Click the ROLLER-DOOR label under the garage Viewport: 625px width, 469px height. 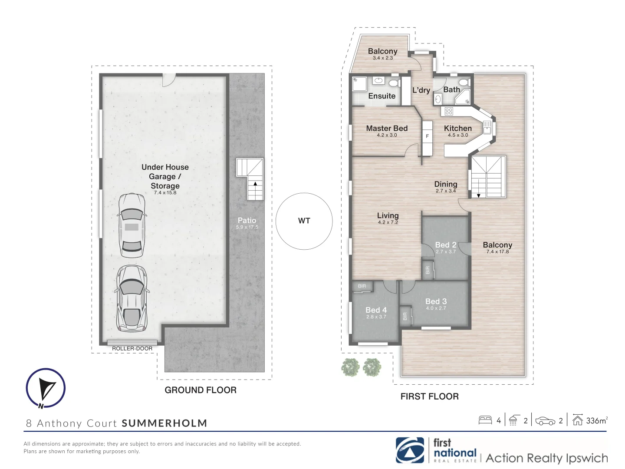pos(132,349)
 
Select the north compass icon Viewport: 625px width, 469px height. pos(46,388)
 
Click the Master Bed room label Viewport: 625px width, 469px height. pos(387,129)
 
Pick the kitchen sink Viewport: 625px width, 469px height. pos(487,127)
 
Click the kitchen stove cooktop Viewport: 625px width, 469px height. pos(449,111)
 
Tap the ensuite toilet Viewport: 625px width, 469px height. pos(395,83)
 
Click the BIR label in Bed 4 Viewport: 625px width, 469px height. pos(362,286)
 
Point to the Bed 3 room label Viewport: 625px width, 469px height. pos(436,301)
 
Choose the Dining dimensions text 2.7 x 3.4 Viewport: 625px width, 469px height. pos(446,191)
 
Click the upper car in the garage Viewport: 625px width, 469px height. pos(132,225)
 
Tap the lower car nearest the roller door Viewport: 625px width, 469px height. pos(132,298)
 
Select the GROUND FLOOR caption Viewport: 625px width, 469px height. pos(201,390)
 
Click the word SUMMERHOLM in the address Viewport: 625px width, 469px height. pos(164,423)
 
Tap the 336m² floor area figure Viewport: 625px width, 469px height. pos(597,421)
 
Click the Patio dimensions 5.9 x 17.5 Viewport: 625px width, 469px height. pos(247,227)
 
